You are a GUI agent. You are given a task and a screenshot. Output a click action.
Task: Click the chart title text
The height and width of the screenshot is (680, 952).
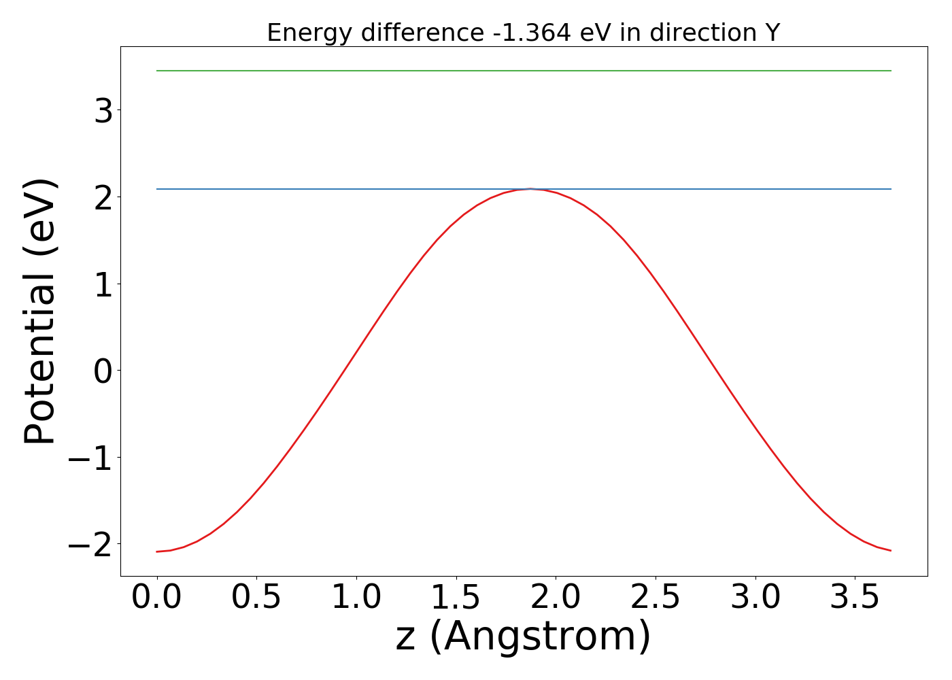point(523,33)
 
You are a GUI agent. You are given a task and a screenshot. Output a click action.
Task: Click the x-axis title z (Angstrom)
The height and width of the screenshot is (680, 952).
point(523,637)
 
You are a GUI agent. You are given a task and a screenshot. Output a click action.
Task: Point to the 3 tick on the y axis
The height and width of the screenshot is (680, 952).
point(104,110)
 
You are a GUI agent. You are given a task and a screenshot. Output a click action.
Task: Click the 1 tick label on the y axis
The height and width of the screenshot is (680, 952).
point(104,284)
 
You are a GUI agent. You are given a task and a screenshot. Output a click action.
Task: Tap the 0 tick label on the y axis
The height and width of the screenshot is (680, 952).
point(104,371)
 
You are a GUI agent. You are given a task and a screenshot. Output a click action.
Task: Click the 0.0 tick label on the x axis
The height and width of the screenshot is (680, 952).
point(156,597)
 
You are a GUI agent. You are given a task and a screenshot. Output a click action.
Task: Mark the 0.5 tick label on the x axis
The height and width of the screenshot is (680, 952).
point(256,597)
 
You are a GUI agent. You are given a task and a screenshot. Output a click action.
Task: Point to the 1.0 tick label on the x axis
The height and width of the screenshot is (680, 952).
point(356,597)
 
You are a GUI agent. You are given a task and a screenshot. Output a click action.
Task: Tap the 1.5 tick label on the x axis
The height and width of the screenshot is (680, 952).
point(456,597)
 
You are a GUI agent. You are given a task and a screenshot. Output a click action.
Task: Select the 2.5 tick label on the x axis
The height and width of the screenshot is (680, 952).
point(656,597)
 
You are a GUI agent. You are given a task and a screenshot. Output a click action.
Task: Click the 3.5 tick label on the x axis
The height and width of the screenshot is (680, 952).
point(855,597)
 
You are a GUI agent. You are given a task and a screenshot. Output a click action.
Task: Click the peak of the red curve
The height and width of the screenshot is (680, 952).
point(530,189)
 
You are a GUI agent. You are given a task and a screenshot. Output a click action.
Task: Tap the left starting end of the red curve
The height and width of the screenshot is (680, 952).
point(157,551)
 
